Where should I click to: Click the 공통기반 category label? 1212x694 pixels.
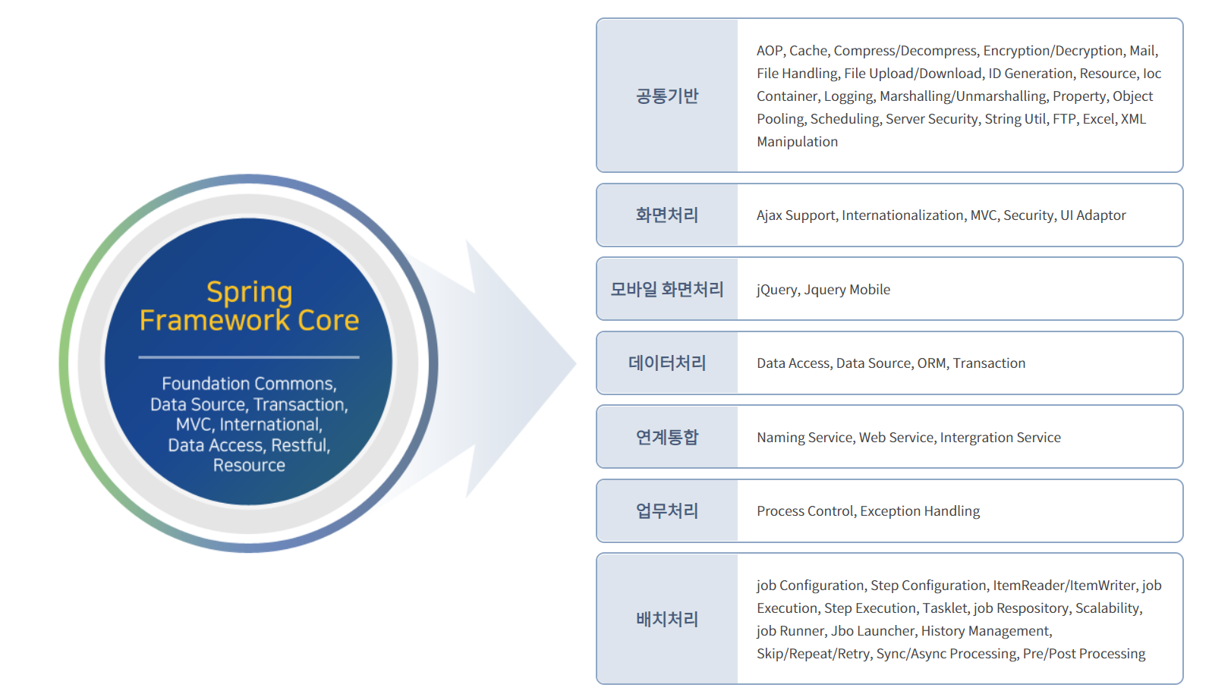[x=666, y=96]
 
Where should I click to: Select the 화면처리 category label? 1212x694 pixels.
[x=666, y=215]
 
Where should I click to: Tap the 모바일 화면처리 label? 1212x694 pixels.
[x=666, y=290]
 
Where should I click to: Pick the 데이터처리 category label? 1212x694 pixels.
[x=666, y=363]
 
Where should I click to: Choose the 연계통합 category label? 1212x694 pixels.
[x=666, y=438]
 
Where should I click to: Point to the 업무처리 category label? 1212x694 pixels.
[x=666, y=511]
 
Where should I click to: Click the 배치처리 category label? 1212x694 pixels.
[x=666, y=620]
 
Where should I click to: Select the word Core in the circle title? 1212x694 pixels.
[x=328, y=321]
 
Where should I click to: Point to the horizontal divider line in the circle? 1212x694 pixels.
[x=249, y=356]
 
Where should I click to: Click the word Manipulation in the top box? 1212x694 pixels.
[x=797, y=142]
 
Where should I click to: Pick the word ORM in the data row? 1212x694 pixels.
[x=931, y=363]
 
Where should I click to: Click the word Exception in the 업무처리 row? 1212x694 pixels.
[x=889, y=511]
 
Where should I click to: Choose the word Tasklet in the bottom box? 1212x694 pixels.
[x=944, y=608]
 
